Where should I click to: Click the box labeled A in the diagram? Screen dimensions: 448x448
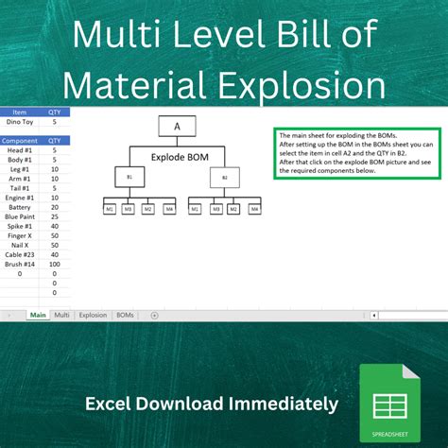pyautogui.click(x=177, y=126)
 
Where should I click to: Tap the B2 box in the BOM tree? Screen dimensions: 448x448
pyautogui.click(x=224, y=177)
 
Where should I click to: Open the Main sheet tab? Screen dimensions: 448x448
pyautogui.click(x=38, y=314)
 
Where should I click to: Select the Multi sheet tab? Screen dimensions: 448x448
pyautogui.click(x=62, y=314)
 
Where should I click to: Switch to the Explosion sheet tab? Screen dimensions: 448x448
pyautogui.click(x=93, y=314)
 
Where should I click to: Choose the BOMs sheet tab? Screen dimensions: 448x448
pyautogui.click(x=125, y=314)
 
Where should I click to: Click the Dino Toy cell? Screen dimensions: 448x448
pyautogui.click(x=20, y=121)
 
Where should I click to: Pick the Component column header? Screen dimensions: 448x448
pyautogui.click(x=20, y=139)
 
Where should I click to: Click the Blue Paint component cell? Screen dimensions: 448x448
pyautogui.click(x=20, y=215)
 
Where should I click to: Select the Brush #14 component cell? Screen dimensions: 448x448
pyautogui.click(x=20, y=264)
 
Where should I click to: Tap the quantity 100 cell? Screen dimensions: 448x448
pyautogui.click(x=55, y=264)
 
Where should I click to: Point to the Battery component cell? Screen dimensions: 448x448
pyautogui.click(x=20, y=206)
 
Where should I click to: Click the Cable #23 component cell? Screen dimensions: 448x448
pyautogui.click(x=20, y=254)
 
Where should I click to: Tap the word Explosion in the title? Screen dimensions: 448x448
pyautogui.click(x=302, y=86)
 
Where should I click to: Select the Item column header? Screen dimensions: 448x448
pyautogui.click(x=20, y=111)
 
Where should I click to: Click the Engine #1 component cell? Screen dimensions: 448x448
pyautogui.click(x=20, y=197)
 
